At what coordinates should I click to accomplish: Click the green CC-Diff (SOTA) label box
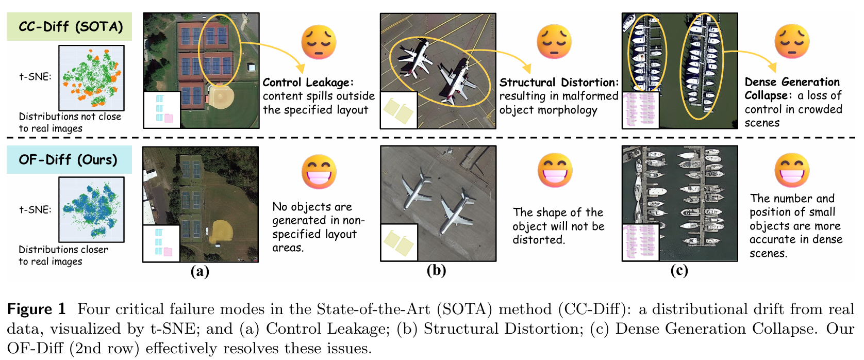tap(69, 27)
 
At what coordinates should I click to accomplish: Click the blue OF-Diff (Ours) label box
tap(69, 160)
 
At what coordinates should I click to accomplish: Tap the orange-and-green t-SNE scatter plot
tap(91, 77)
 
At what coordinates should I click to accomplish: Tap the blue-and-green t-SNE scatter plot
tap(91, 209)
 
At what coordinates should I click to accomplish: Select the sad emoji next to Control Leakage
tap(319, 42)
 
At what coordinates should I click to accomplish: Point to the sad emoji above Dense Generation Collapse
tap(792, 41)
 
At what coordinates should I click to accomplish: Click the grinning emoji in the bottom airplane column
tap(555, 170)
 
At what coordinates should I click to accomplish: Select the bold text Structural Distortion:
tap(559, 83)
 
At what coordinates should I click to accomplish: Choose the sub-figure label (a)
tap(200, 271)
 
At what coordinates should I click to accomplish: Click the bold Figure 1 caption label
tap(37, 309)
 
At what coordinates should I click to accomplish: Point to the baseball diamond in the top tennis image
tap(221, 96)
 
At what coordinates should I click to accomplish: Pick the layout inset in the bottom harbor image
tap(640, 242)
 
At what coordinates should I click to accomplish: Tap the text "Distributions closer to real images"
tap(63, 255)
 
